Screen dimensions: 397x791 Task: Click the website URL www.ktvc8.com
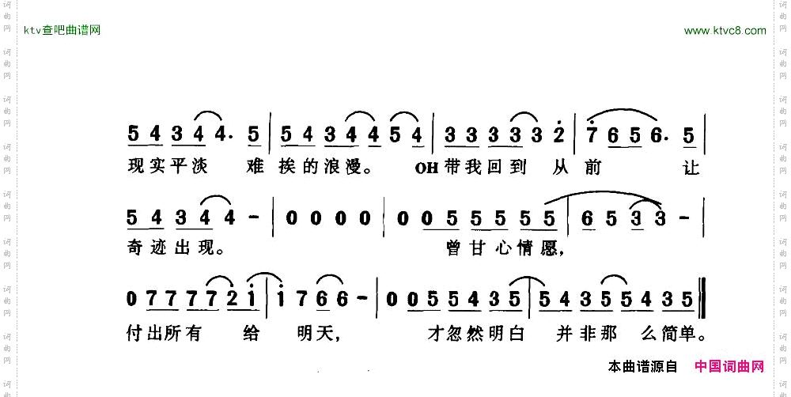[x=725, y=31]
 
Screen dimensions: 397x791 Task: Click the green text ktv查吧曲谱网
[x=62, y=31]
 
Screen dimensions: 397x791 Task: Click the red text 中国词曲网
[x=729, y=367]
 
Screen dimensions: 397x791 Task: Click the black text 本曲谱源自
[x=643, y=367]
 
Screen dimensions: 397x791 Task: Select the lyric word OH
[x=424, y=168]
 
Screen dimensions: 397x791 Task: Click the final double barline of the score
[x=702, y=300]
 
